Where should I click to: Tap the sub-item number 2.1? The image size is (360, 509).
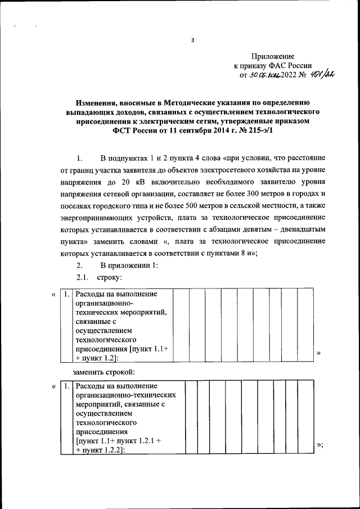pos(83,277)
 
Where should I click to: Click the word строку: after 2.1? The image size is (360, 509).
pos(109,277)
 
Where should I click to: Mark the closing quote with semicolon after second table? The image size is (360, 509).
pos(320,445)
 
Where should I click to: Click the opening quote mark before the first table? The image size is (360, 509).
pos(53,294)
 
